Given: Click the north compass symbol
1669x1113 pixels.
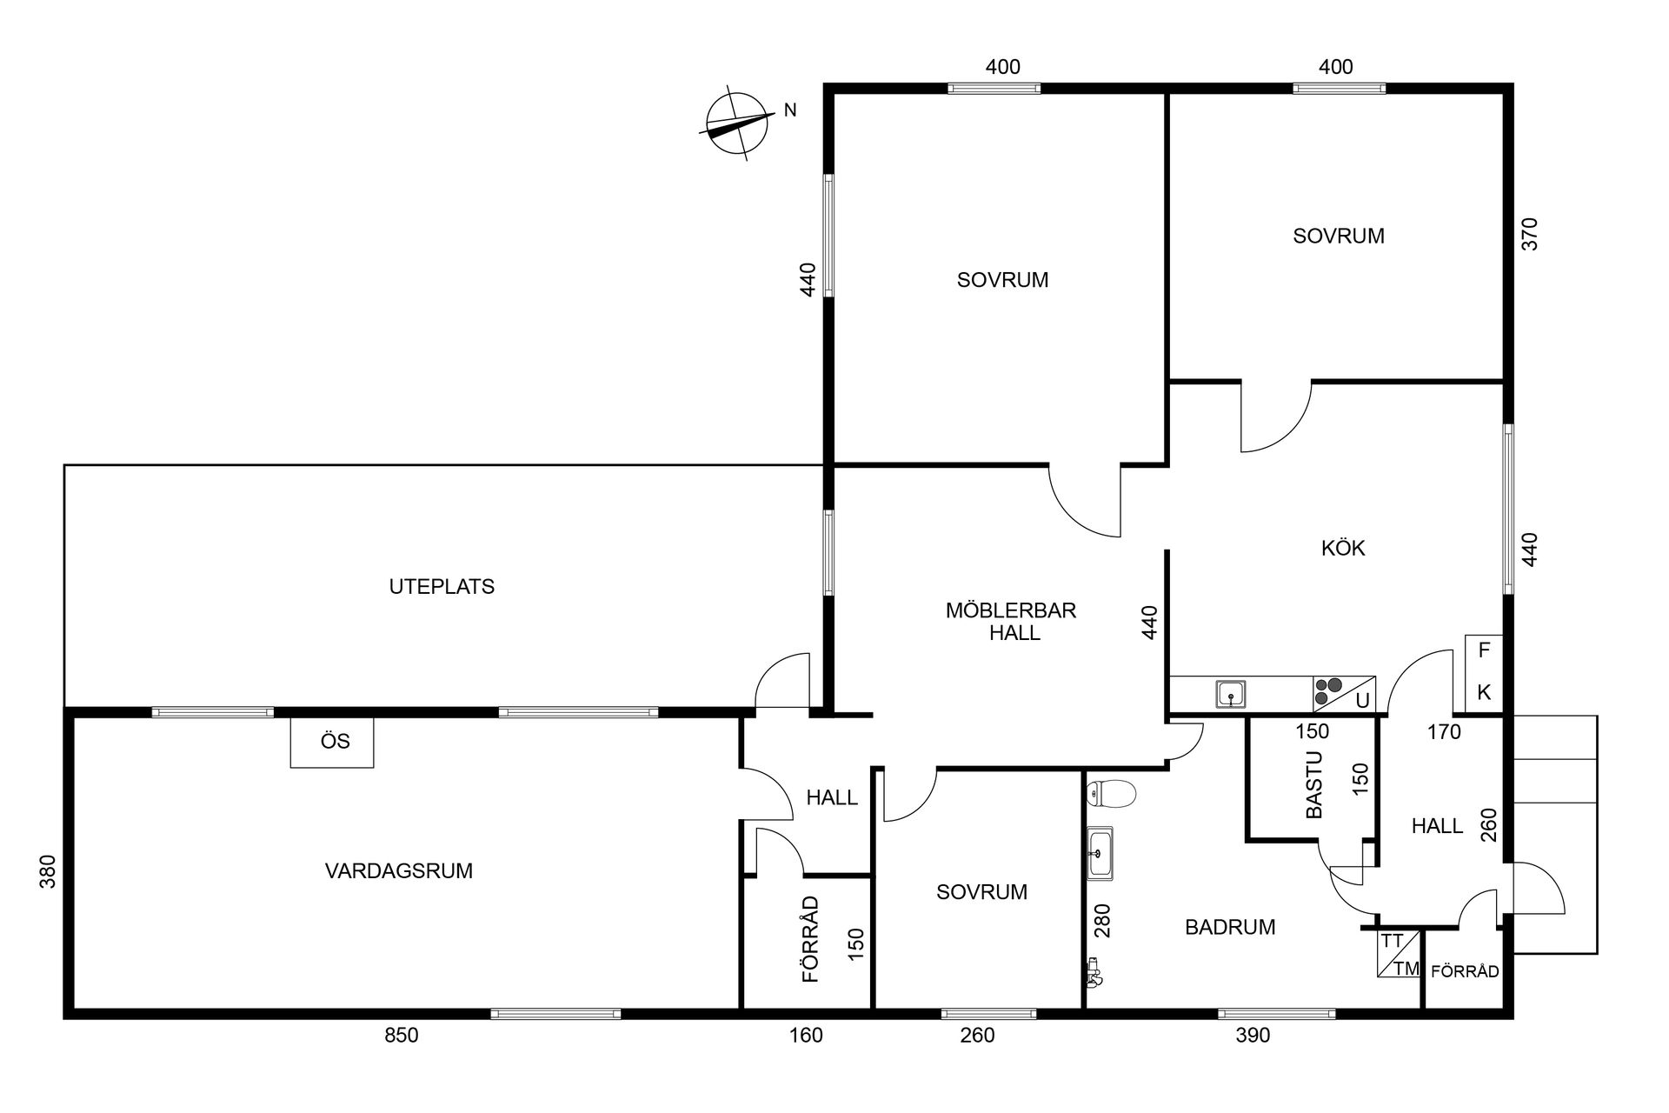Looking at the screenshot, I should coord(736,126).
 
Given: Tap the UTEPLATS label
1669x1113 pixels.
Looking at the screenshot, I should coord(442,587).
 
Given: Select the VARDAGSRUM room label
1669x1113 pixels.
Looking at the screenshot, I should coord(399,870).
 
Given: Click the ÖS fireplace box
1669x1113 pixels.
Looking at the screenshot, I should coord(334,742).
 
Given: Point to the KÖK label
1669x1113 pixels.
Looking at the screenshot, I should coord(1343,548).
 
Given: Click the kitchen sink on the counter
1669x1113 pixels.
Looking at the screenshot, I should coord(1231,694).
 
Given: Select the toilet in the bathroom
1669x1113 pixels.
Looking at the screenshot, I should coord(1112,793).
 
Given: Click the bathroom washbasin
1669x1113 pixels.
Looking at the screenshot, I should coord(1101,853).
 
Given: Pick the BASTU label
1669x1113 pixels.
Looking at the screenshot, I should coord(1313,784).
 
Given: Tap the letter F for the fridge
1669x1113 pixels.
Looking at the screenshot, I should coord(1485,650).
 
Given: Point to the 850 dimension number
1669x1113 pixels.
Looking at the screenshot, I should coord(402,1036).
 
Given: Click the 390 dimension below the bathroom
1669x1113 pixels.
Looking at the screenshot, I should coord(1253,1036).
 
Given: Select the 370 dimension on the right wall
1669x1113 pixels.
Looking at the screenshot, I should coord(1531,234).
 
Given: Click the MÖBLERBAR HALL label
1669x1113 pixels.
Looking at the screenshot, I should coord(1012,621).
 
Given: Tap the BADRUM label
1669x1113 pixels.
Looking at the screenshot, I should coord(1230,927).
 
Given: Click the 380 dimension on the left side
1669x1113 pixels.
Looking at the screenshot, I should coord(48,872).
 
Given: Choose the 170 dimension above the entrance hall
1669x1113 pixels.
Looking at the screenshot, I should coord(1444,732).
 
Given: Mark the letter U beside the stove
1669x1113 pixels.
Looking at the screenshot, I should coord(1362,701).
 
